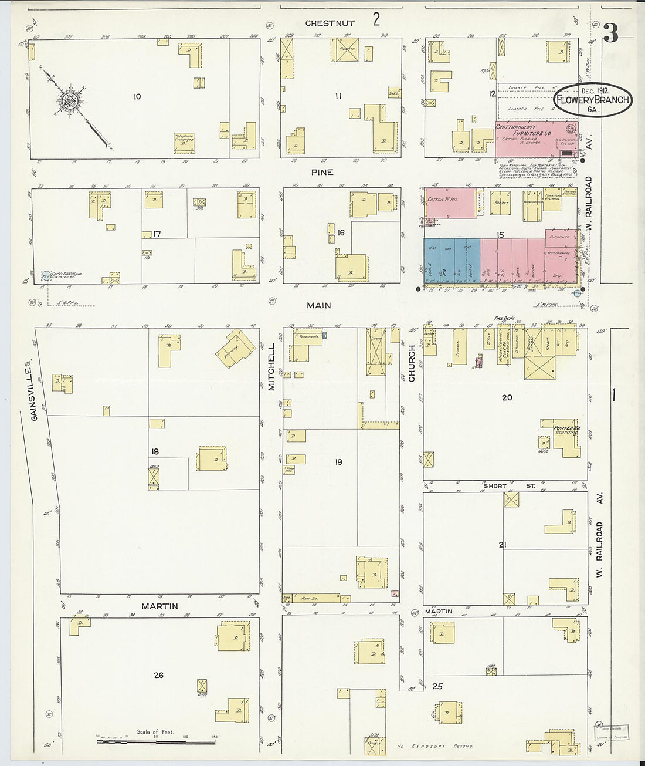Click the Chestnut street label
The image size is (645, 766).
(330, 23)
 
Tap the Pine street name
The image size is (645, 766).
(322, 172)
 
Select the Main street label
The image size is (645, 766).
(318, 305)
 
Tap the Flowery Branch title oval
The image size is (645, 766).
(593, 99)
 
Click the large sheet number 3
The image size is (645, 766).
(610, 34)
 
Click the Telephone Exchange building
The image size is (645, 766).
(184, 140)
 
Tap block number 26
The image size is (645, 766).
(158, 675)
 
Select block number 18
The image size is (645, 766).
(155, 451)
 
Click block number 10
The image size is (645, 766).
(137, 96)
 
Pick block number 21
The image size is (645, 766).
(502, 545)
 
